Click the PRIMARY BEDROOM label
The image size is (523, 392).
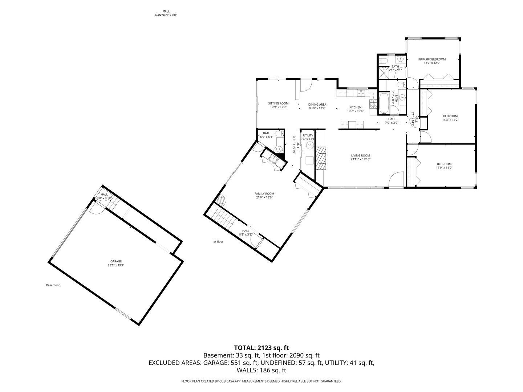pos(432,59)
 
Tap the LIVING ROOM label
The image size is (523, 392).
pos(360,155)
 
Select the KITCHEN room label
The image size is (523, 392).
pos(355,107)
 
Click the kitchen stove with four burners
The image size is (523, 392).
pos(373,104)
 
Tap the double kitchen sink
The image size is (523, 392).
pos(360,94)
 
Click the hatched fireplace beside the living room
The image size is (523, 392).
pos(321,158)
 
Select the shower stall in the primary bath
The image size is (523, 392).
pos(384,73)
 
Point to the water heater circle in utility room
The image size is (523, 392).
pos(310,145)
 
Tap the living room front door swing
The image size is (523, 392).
pos(396,180)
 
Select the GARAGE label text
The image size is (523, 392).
pos(116,261)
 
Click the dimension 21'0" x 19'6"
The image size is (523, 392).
pos(264,197)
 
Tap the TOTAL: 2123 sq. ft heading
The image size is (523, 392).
pos(261,348)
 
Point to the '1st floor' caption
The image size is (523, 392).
pos(218,241)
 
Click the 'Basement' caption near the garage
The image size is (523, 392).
pos(53,285)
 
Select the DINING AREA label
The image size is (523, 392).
pos(317,105)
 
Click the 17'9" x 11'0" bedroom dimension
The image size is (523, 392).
pos(444,168)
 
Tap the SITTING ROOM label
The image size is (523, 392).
pos(278,103)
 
